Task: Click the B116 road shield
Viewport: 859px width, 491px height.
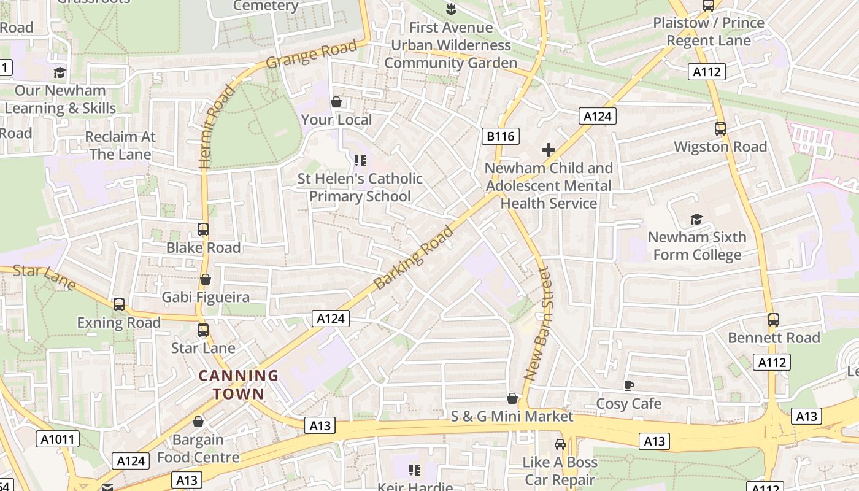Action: (501, 136)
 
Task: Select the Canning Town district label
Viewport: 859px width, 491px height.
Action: (239, 385)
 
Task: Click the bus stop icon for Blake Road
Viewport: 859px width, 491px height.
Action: (203, 230)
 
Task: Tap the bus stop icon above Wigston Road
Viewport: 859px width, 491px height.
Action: (720, 129)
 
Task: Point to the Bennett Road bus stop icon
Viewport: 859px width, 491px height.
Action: (774, 320)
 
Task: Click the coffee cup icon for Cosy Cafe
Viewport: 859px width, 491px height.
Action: (628, 385)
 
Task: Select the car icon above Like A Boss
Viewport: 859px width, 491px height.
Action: (560, 444)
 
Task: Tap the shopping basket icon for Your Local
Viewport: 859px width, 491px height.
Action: (336, 102)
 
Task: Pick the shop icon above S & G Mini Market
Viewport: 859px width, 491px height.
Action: (512, 399)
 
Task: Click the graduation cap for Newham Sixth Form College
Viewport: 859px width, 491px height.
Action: (696, 219)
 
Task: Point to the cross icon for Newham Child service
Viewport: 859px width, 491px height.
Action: (549, 150)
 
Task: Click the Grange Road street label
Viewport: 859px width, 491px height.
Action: (312, 55)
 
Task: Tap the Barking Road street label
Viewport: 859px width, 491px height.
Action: (414, 258)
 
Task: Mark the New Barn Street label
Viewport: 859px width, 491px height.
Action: (538, 323)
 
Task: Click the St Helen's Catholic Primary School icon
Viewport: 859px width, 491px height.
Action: (360, 161)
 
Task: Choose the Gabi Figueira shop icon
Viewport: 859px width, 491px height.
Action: (206, 279)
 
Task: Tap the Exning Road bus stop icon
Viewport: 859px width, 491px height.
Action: (119, 304)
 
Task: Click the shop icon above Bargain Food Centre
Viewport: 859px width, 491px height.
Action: (198, 422)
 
